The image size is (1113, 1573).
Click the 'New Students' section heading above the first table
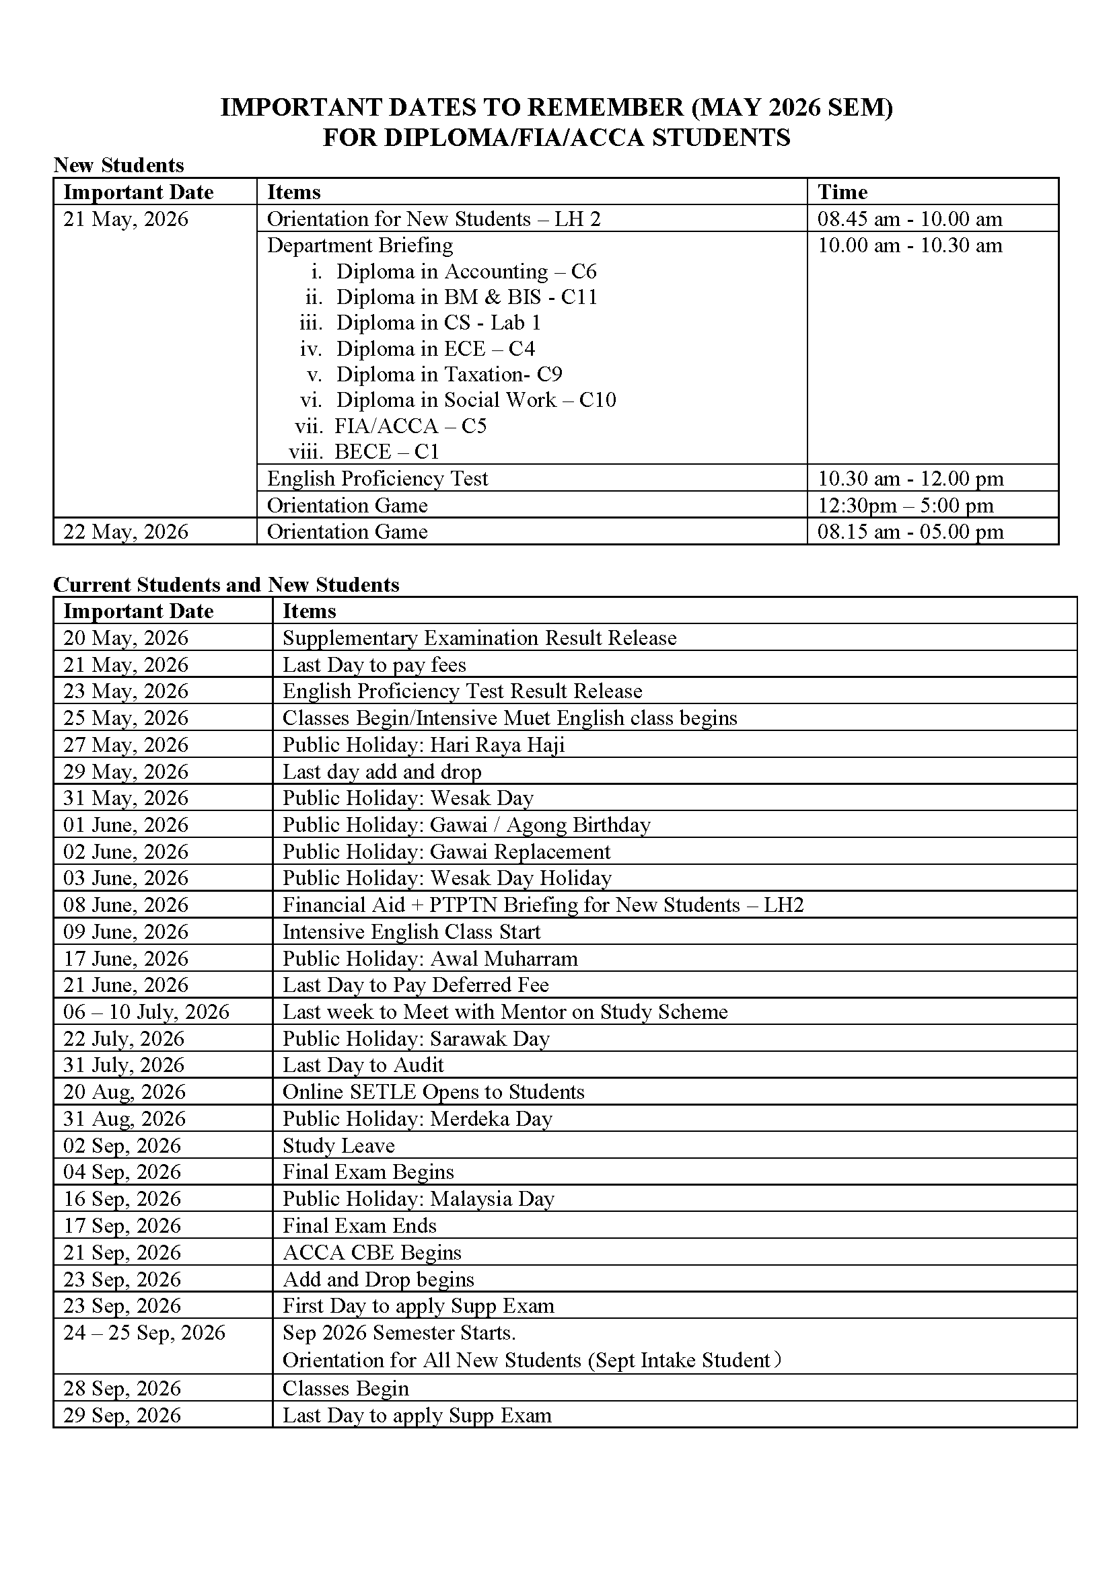118,165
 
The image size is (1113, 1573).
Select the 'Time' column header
842,192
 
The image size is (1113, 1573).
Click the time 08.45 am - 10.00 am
910,219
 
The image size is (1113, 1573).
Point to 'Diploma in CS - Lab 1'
438,323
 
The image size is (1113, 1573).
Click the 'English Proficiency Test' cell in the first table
377,478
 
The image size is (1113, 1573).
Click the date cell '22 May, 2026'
125,532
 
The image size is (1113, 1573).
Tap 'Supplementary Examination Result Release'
479,638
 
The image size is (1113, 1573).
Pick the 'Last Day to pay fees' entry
373,664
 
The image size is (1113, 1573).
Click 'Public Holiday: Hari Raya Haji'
423,744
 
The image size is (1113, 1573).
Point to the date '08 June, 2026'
125,905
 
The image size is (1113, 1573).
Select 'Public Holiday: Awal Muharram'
430,958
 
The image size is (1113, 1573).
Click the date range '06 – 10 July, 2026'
146,1012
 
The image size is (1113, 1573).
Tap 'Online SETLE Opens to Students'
433,1091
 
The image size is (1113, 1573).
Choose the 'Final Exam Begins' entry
368,1172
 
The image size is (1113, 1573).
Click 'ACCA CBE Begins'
371,1252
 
